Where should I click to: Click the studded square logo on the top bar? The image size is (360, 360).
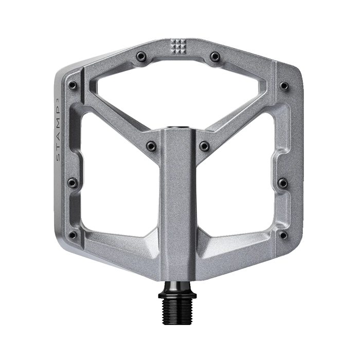coord(178,47)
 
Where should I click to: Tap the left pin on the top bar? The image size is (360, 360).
coord(141,56)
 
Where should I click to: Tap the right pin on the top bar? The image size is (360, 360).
coord(215,56)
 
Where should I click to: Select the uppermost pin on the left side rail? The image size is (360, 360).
coord(73,85)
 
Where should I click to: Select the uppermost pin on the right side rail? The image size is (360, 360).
coord(284,85)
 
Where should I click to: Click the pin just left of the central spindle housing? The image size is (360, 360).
coord(151,145)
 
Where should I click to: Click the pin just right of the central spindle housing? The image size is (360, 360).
coord(204,145)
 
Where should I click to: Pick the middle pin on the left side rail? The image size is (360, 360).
coord(72,183)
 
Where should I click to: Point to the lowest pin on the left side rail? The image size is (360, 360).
coord(73,235)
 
